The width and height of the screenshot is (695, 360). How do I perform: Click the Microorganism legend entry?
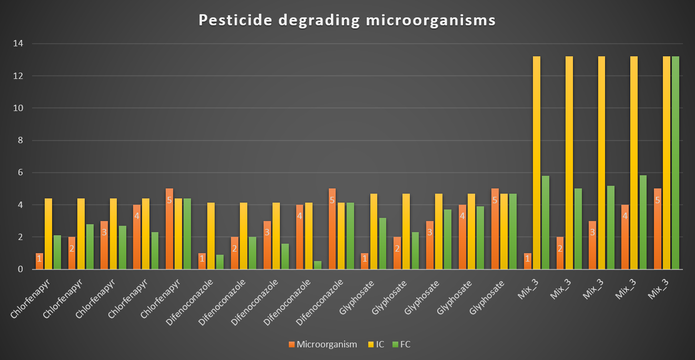(x=323, y=344)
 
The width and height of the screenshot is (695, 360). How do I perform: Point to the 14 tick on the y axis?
(x=18, y=44)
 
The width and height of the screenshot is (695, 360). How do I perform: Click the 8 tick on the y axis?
(x=20, y=141)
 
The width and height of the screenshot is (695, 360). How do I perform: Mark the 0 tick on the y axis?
(x=20, y=269)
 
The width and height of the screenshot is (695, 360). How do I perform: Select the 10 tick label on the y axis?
(x=18, y=108)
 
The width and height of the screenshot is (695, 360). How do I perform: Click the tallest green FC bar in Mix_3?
(x=676, y=163)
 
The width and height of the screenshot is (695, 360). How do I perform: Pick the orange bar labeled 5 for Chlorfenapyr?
(x=169, y=229)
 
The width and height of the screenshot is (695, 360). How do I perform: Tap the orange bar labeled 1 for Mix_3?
(x=528, y=262)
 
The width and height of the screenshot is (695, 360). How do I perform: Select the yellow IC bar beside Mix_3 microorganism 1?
(x=537, y=163)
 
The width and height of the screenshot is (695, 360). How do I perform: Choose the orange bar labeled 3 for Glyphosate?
(x=430, y=245)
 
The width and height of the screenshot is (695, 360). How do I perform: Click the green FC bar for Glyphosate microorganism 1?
(x=382, y=244)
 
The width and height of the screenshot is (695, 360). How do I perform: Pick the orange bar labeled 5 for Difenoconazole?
(x=333, y=229)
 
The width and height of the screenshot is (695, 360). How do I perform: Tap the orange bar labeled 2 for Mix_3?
(x=560, y=253)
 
